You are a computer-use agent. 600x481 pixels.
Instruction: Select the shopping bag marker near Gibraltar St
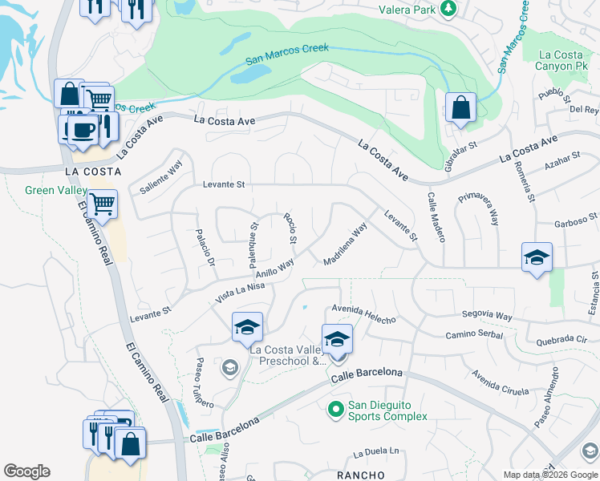coord(461,108)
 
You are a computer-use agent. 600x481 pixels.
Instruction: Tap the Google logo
coord(26,471)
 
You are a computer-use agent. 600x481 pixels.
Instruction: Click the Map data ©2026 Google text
coord(550,475)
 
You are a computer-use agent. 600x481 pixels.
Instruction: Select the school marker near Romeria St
coord(537,258)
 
